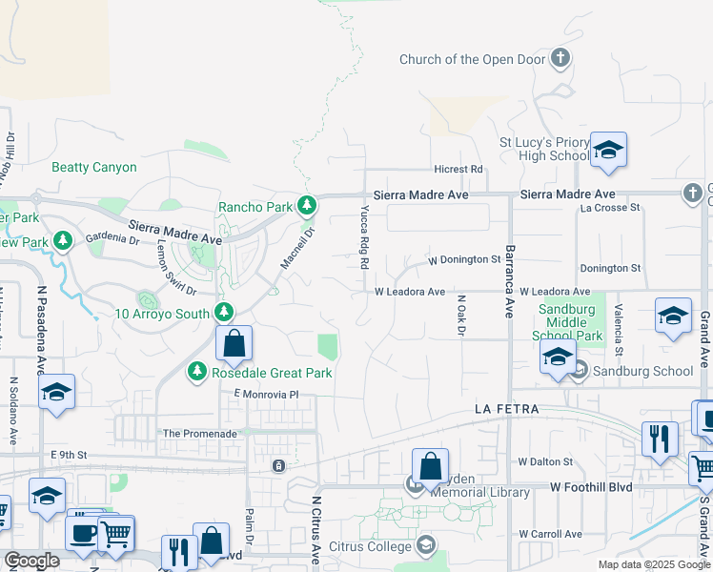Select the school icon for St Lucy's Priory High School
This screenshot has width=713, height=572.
pyautogui.click(x=608, y=151)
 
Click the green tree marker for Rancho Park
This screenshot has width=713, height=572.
pyautogui.click(x=306, y=205)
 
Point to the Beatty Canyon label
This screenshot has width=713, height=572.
pyautogui.click(x=94, y=167)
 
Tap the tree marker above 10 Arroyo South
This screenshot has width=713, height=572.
pyautogui.click(x=224, y=312)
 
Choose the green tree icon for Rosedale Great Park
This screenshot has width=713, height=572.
pyautogui.click(x=197, y=372)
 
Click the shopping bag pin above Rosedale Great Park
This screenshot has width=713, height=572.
pyautogui.click(x=234, y=344)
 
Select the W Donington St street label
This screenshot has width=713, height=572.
pyautogui.click(x=464, y=259)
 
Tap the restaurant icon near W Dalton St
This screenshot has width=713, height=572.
pyautogui.click(x=659, y=439)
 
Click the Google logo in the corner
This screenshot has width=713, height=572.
pyautogui.click(x=32, y=561)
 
